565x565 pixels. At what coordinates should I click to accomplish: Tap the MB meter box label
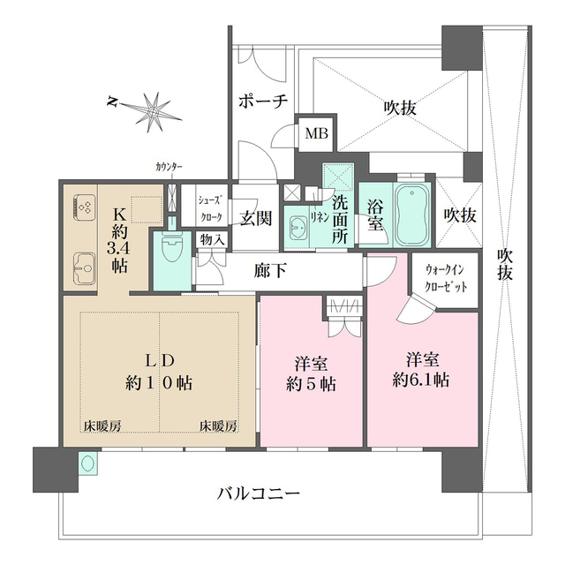click(314, 134)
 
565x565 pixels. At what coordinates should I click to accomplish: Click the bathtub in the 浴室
click(411, 216)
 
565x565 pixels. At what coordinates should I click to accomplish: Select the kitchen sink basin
click(85, 263)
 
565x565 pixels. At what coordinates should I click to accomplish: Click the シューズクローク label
click(210, 207)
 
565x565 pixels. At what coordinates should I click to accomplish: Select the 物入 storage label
click(212, 238)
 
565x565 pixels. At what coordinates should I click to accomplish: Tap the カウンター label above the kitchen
click(169, 167)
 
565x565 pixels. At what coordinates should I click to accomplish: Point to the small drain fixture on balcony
click(87, 462)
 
